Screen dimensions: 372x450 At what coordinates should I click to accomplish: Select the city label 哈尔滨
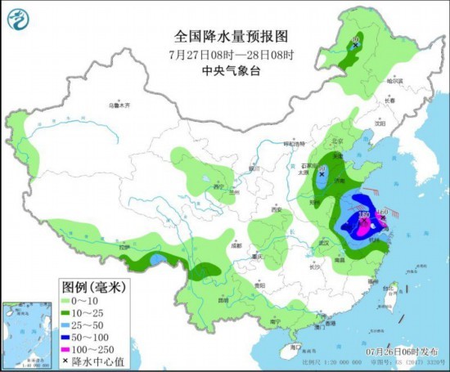click(396, 81)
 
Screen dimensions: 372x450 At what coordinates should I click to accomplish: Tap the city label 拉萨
click(124, 247)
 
